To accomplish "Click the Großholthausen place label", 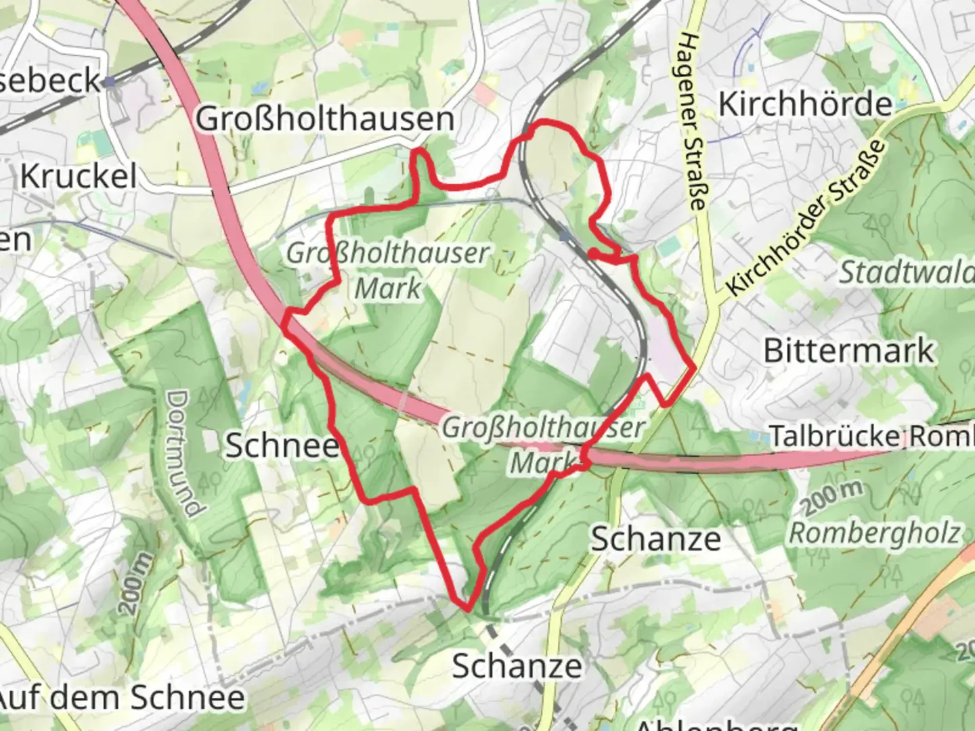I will pos(325,119).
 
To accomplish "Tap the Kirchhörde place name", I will pos(805,104).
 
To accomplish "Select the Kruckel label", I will pos(79,177).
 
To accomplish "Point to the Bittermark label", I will pos(848,351).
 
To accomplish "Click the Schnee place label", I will pos(282,445).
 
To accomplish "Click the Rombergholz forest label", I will pos(875,533).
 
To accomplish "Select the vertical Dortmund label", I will pos(183,453).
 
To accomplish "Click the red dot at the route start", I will pos(592,253).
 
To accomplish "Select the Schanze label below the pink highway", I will pos(655,539).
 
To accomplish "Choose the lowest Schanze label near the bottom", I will pos(517,666).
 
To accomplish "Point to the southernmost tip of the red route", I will pos(467,608).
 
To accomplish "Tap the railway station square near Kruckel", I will pos(109,83).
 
